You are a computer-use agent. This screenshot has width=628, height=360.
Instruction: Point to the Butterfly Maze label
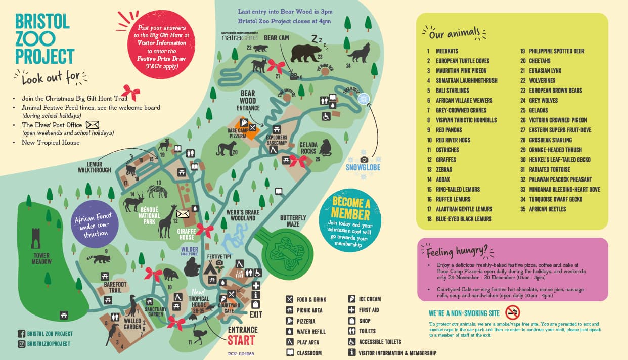pos(293,221)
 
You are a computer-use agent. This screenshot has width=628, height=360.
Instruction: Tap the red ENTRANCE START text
pos(242,335)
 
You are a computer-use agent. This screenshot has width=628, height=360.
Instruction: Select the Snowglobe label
pos(363,167)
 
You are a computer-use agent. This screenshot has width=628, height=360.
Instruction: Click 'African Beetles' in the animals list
pos(547,209)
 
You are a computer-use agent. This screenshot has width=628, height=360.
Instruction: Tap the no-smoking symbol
pos(512,312)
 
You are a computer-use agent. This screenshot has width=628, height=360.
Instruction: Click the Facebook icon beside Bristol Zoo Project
pos(21,334)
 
